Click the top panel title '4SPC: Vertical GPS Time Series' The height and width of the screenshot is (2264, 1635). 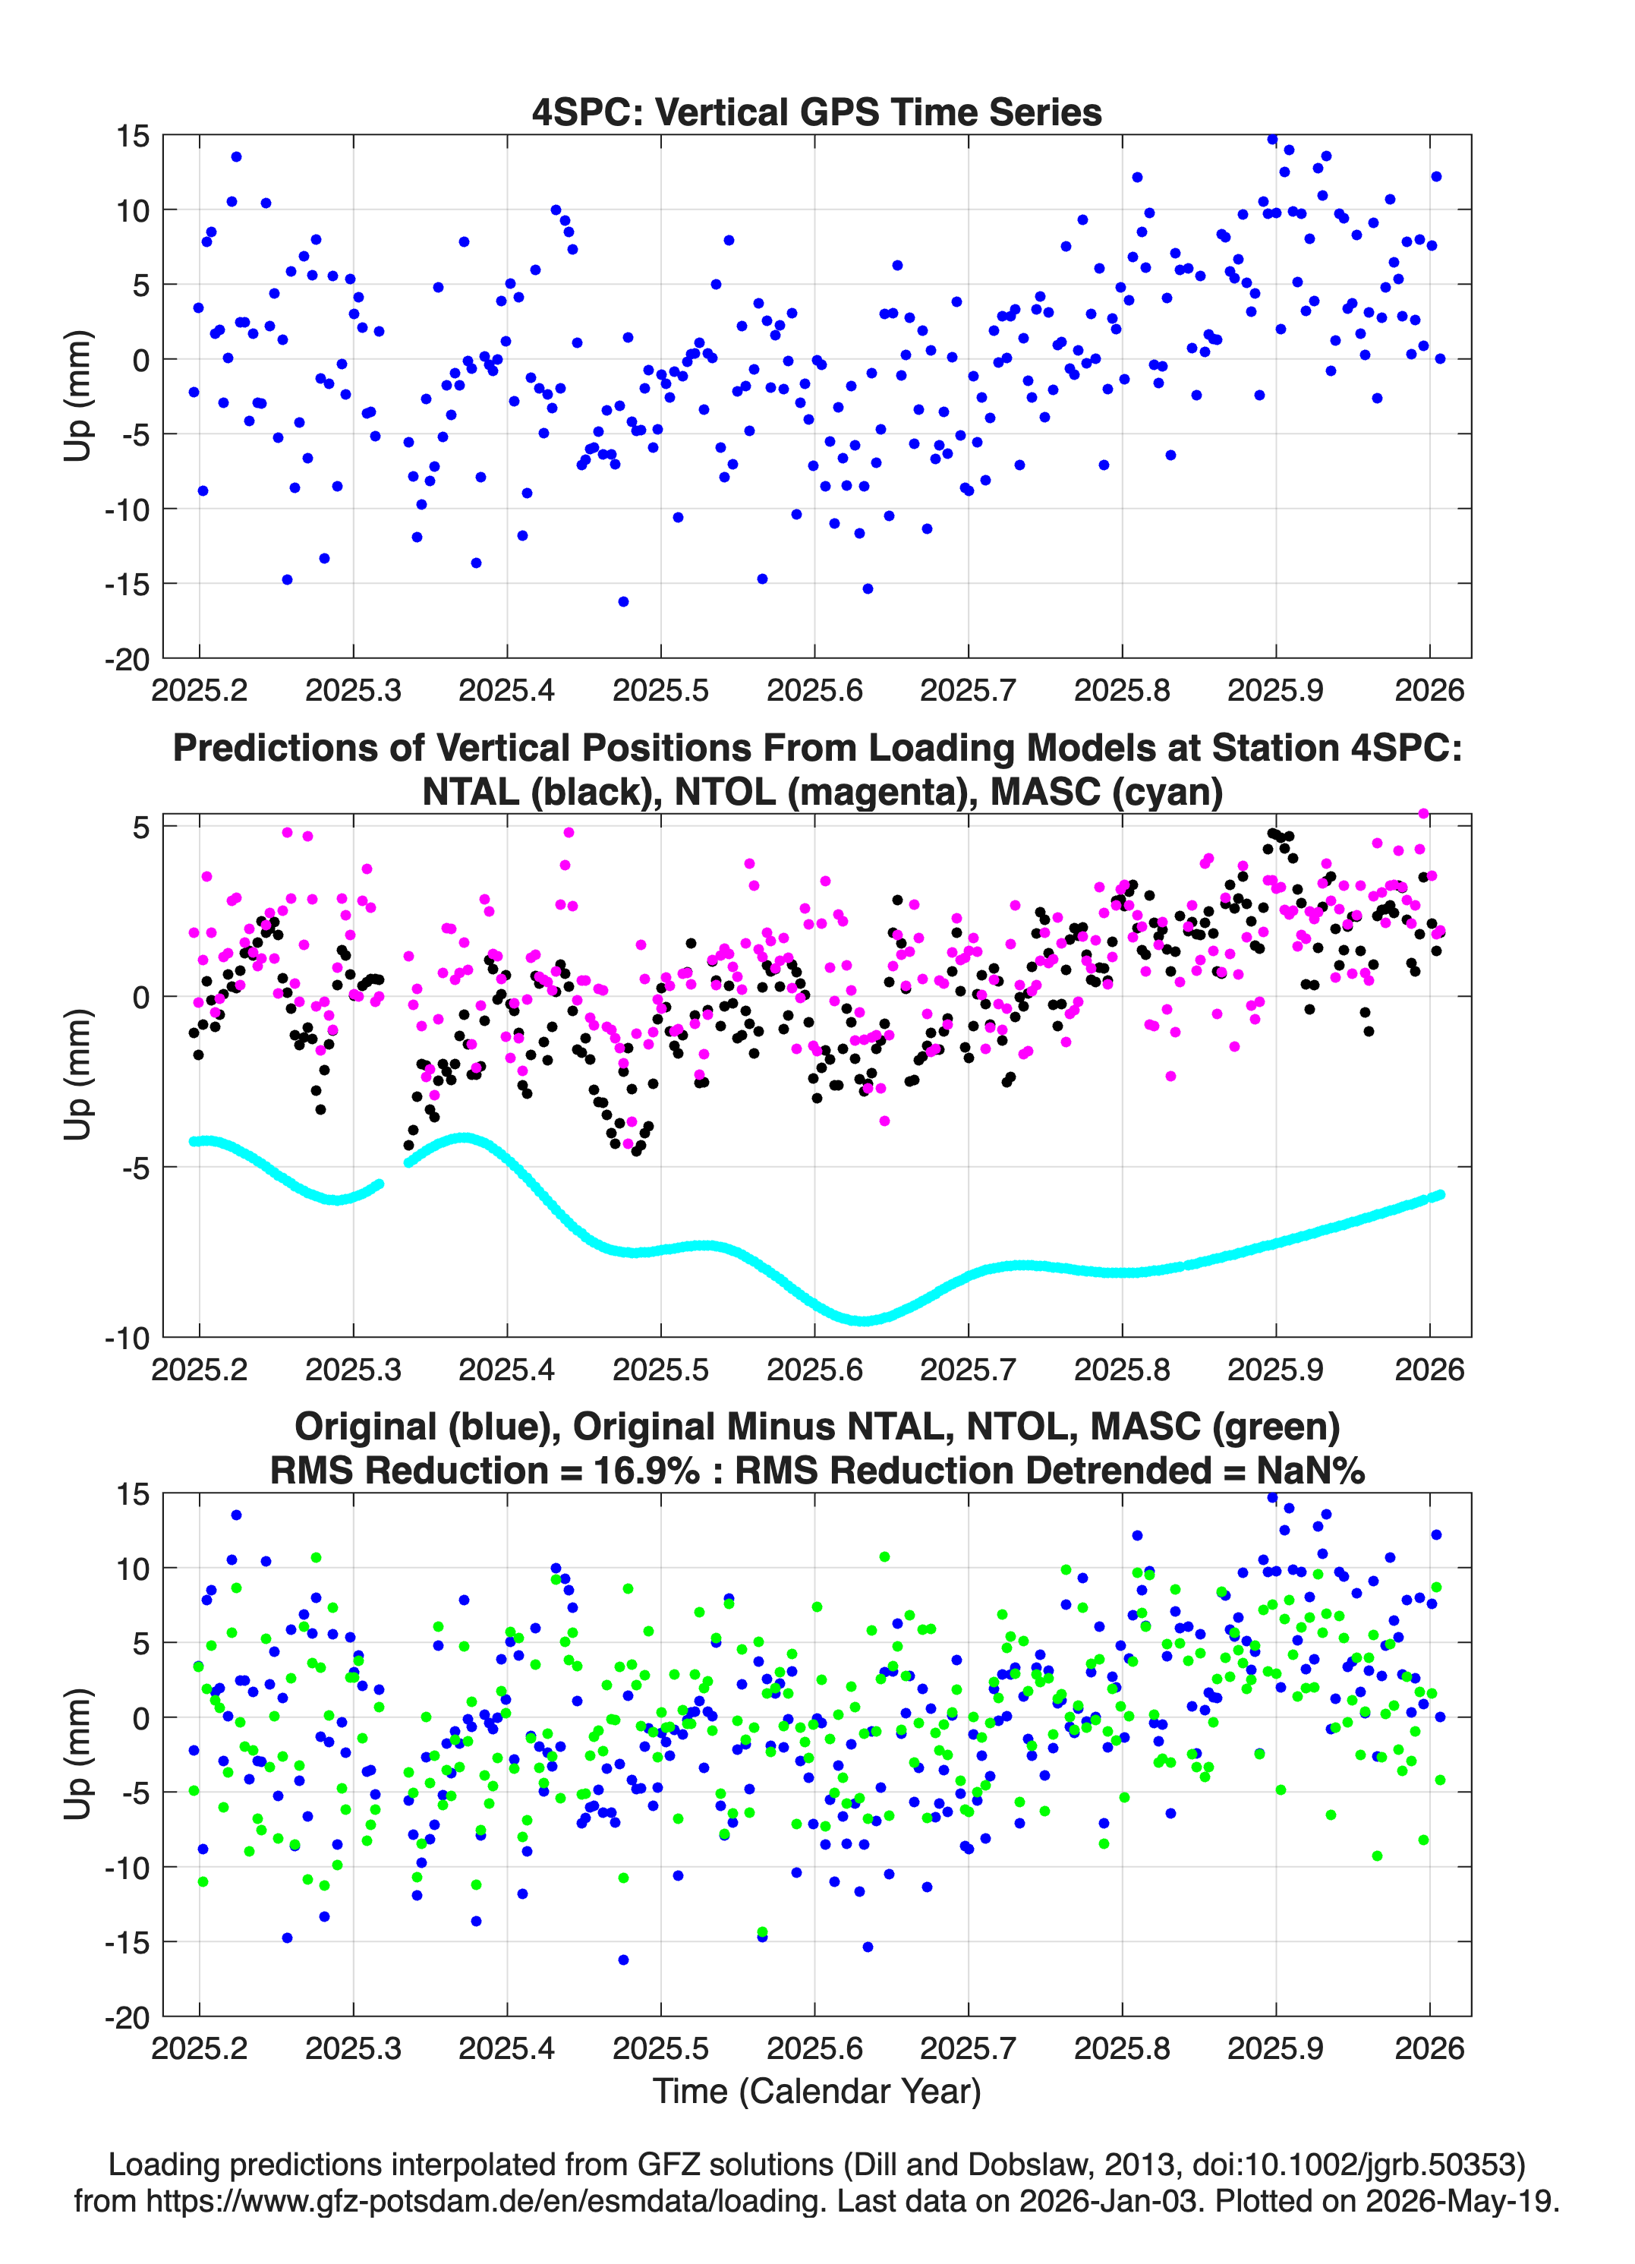tap(817, 112)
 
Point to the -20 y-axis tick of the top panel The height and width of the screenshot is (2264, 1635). tap(127, 659)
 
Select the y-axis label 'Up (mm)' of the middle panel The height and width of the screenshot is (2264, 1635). tap(78, 1074)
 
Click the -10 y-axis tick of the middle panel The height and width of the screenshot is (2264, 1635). tap(127, 1338)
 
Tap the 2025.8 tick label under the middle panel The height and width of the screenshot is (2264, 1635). tap(1121, 1369)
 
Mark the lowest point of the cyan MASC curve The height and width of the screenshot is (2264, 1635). tap(863, 1321)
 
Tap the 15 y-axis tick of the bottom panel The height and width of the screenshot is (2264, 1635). tap(133, 1494)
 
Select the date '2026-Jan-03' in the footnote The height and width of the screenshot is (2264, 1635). tap(1109, 2201)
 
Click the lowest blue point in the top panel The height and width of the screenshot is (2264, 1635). tap(623, 601)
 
